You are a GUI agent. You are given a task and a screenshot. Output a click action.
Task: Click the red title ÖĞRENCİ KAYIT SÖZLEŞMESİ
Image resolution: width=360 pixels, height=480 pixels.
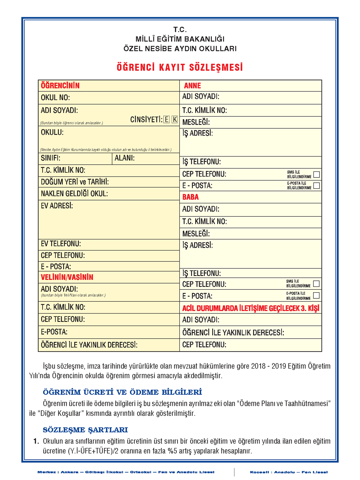click(x=180, y=68)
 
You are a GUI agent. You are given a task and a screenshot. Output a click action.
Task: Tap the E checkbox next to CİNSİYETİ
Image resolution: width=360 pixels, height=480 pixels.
click(x=167, y=120)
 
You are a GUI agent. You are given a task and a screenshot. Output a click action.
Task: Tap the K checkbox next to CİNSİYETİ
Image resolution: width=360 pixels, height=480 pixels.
click(x=175, y=120)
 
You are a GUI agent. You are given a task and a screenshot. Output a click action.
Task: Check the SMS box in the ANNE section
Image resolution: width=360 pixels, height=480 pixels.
click(x=316, y=174)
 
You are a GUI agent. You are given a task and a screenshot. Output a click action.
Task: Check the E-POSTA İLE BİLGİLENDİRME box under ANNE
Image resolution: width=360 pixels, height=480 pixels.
click(x=316, y=186)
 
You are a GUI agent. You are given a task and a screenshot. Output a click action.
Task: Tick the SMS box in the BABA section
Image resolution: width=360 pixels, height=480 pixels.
click(x=316, y=284)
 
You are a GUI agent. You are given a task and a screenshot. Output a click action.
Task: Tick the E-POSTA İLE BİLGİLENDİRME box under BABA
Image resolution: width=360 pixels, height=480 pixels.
click(x=316, y=295)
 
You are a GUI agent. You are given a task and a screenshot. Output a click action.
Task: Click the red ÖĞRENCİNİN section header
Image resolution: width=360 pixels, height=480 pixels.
click(x=60, y=86)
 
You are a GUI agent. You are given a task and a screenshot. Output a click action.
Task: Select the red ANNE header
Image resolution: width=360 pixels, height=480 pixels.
click(x=192, y=86)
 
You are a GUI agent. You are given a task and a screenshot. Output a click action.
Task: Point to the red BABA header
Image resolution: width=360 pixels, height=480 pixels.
click(x=190, y=197)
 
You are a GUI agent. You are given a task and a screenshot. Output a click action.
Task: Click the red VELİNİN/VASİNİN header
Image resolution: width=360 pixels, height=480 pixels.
click(x=67, y=277)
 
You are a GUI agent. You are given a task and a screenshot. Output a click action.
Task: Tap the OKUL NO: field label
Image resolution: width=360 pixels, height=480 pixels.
click(x=55, y=98)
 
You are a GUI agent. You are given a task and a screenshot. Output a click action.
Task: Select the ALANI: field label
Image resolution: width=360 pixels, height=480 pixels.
click(x=125, y=158)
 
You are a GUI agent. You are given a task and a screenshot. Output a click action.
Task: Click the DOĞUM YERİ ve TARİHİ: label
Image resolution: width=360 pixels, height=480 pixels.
click(x=75, y=182)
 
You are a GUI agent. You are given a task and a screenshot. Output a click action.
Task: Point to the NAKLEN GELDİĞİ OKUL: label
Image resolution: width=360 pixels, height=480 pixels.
click(x=74, y=194)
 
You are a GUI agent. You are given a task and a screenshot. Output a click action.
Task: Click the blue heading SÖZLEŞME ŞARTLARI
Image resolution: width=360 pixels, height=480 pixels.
click(x=85, y=430)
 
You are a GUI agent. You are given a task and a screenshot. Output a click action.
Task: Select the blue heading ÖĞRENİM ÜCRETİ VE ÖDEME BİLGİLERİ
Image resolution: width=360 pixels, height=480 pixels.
click(x=122, y=392)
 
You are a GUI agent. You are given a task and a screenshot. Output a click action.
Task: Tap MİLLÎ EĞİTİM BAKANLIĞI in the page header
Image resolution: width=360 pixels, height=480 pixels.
click(x=180, y=39)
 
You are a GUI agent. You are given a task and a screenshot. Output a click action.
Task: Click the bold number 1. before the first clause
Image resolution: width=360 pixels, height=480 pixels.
click(x=36, y=441)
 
